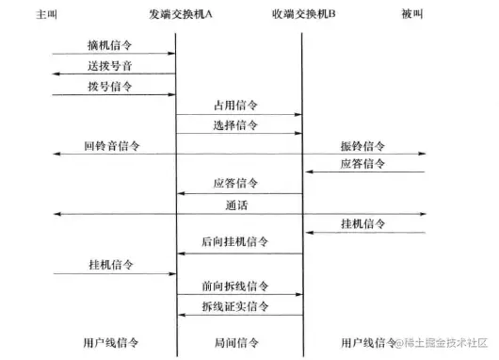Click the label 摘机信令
pos(111,45)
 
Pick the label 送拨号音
pos(111,65)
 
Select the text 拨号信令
pos(111,86)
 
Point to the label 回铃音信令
pos(111,146)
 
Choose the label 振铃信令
pos(364,146)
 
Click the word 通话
pos(237,205)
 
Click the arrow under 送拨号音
pos(113,74)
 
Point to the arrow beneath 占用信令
pos(239,115)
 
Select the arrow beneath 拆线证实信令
pos(239,315)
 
